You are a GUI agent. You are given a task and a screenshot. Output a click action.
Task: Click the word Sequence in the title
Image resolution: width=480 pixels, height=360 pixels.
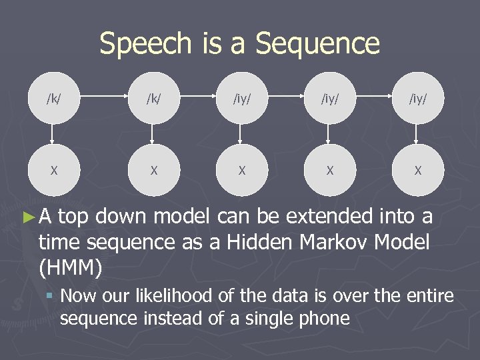tap(317, 45)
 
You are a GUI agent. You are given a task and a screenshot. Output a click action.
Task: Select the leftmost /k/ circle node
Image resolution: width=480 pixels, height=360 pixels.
tap(53, 99)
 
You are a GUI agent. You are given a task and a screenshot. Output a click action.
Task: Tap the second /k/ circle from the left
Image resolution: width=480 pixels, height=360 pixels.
tap(153, 99)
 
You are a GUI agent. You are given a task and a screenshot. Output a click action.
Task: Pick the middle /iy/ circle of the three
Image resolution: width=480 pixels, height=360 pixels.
tap(329, 99)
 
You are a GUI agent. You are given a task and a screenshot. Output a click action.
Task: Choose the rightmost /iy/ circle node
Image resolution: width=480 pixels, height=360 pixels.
tap(417, 99)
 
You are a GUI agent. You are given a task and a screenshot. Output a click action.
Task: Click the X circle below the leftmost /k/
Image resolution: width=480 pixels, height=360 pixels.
tap(53, 171)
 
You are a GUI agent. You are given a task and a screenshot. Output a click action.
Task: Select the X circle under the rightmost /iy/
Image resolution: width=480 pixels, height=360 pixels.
tap(417, 171)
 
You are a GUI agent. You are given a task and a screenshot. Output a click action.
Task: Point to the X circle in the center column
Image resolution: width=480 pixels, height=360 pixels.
tap(241, 171)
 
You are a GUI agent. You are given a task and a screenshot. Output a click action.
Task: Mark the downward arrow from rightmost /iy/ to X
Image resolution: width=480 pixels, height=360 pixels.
tap(417, 135)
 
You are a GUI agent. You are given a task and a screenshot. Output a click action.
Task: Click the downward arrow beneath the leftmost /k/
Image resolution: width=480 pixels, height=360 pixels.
tap(53, 135)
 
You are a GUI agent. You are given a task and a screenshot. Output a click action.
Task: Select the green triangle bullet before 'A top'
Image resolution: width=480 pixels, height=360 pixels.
tap(27, 217)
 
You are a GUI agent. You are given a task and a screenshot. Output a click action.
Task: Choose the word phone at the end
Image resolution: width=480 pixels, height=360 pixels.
tap(325, 318)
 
